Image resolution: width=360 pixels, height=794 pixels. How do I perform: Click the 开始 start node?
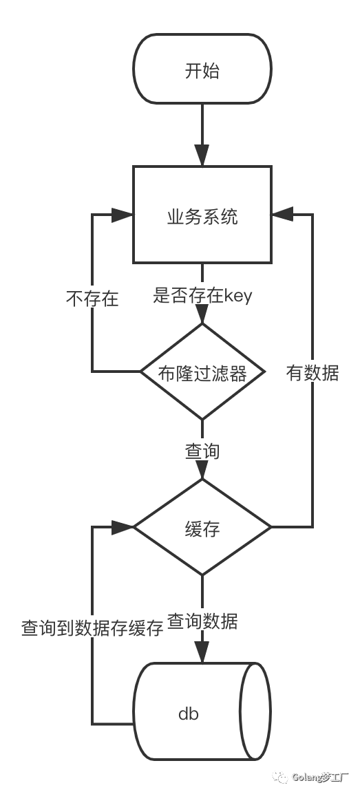coord(202,69)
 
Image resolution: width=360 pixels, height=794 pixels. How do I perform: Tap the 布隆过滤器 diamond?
coord(202,372)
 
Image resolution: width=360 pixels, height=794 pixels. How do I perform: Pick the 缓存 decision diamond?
coord(202,528)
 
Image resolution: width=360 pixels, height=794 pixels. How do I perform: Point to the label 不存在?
coord(92,299)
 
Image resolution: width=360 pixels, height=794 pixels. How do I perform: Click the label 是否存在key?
coord(202,296)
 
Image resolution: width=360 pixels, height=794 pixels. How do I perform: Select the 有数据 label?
coord(313,372)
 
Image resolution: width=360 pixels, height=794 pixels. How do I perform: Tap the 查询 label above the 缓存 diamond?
coord(202,451)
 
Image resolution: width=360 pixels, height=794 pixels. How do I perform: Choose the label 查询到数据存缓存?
coord(92,627)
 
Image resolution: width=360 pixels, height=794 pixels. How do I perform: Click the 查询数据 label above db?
coord(202,621)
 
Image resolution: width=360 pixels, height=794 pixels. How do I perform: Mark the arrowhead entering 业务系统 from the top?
coord(202,156)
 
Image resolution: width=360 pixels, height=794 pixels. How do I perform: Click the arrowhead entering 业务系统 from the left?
coord(123,215)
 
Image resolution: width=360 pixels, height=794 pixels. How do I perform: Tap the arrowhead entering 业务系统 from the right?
coord(281,215)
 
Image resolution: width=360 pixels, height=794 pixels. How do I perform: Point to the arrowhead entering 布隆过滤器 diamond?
coord(202,314)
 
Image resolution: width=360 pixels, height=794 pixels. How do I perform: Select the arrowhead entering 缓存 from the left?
coord(123,527)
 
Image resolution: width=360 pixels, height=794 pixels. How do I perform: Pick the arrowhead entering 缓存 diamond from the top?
coord(202,470)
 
